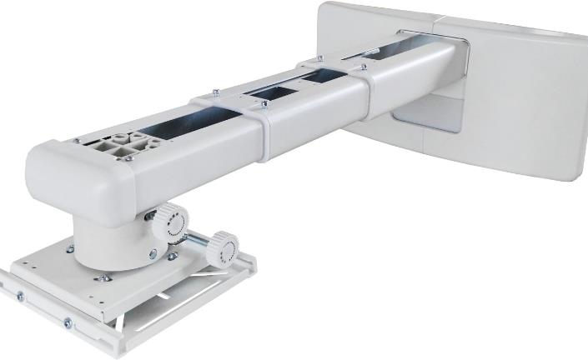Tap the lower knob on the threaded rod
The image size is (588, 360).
(x=223, y=249)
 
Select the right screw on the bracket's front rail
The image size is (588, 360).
(x=68, y=322)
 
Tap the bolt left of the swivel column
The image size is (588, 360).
(x=70, y=247)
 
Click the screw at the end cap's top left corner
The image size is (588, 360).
(x=78, y=142)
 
